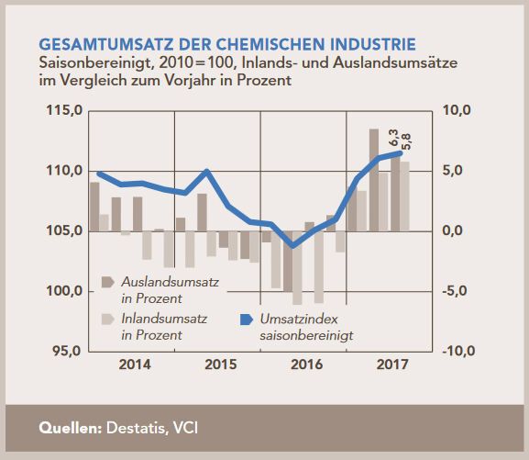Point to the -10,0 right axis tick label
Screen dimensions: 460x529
457,351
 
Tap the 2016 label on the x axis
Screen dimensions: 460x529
305,365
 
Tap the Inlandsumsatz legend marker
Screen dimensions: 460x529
105,320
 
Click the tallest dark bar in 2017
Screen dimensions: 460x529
374,179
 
